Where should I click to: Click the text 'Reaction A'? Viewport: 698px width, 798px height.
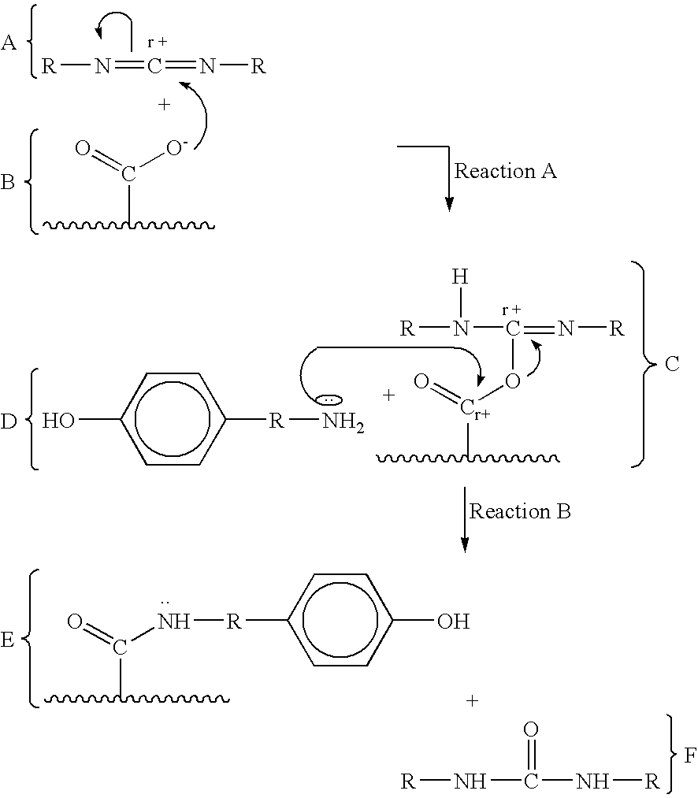505,171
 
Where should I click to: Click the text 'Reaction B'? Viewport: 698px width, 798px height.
520,511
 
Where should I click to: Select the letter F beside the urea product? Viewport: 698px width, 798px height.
689,755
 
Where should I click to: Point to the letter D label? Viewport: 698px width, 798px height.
9,421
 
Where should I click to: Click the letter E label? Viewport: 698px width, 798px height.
7,640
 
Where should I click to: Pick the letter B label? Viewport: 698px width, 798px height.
7,182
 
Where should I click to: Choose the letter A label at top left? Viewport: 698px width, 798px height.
9,43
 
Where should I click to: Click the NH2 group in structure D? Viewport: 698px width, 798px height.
343,422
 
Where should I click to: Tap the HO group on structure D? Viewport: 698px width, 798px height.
58,421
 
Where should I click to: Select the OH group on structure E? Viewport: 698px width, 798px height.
453,621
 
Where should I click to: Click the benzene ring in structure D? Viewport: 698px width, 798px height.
173,418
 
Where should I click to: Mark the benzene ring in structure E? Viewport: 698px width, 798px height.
340,619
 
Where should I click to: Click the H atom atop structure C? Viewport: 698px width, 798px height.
460,277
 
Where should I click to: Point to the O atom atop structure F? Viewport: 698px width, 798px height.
530,729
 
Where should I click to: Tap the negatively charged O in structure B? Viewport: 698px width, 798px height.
175,147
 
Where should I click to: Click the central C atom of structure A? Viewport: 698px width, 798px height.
154,65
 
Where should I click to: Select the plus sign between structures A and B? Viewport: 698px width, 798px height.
164,104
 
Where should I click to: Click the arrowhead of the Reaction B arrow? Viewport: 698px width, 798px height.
464,545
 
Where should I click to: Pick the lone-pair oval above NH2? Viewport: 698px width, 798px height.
329,400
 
